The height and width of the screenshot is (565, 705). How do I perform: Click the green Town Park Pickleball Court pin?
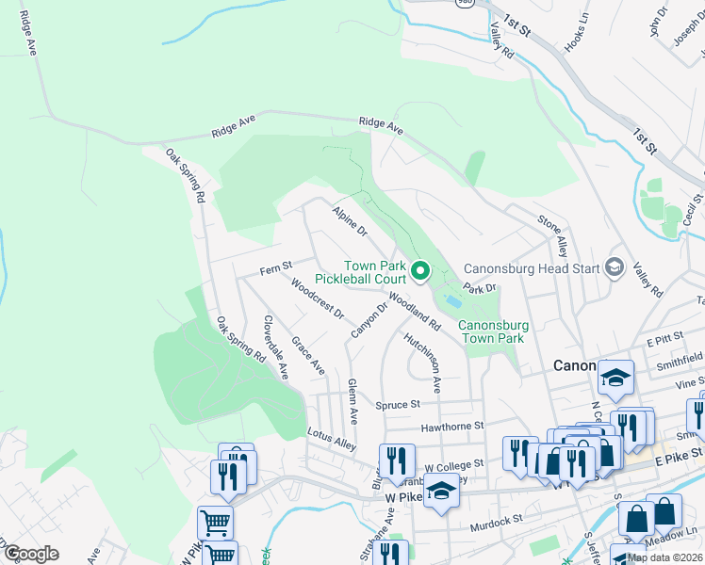[421, 273]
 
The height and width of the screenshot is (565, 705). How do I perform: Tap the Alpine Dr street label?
[349, 222]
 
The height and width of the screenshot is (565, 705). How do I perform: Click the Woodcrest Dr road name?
[318, 299]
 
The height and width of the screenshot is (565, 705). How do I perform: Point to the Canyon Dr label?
[369, 321]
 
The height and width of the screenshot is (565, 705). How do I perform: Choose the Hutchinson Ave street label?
[422, 362]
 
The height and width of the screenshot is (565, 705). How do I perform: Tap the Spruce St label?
[397, 405]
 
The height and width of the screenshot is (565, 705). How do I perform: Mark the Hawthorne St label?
[451, 427]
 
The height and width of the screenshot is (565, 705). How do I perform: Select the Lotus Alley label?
[332, 439]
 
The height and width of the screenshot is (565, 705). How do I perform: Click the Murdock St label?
[496, 520]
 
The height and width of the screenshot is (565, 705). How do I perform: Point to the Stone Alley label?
[552, 235]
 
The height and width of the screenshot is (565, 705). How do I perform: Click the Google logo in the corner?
[32, 554]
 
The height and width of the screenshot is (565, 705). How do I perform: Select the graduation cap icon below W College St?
[440, 492]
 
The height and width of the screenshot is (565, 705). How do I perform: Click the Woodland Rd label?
[415, 311]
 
